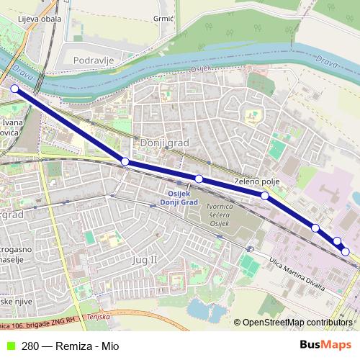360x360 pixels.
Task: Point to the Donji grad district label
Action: [x=166, y=143]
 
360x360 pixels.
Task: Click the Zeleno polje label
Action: [x=256, y=182]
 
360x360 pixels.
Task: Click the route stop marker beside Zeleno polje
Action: [x=265, y=195]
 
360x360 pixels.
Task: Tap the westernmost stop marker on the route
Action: [x=14, y=89]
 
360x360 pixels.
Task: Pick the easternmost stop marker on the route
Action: [x=346, y=251]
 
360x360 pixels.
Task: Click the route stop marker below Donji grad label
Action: [x=125, y=161]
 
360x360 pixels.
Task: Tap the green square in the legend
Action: [x=9, y=346]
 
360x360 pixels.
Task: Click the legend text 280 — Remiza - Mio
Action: [x=70, y=346]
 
